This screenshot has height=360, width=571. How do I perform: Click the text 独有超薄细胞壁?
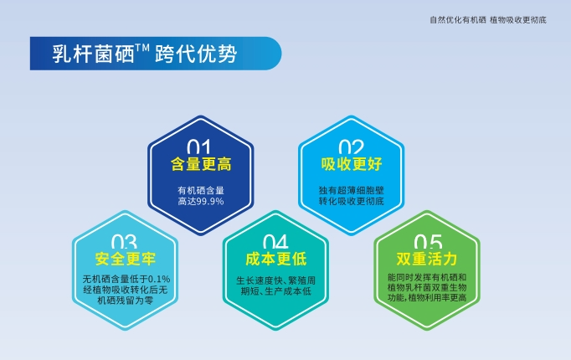pos(352,190)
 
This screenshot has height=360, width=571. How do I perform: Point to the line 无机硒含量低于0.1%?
pos(126,278)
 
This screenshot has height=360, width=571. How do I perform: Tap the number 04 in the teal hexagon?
pos(275,241)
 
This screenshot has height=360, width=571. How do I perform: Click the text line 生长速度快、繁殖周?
pos(276,280)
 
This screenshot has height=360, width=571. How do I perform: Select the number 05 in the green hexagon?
pos(427,241)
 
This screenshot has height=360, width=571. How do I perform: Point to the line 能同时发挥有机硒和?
pos(427,276)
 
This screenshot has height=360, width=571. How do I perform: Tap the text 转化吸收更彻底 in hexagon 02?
pos(352,202)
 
